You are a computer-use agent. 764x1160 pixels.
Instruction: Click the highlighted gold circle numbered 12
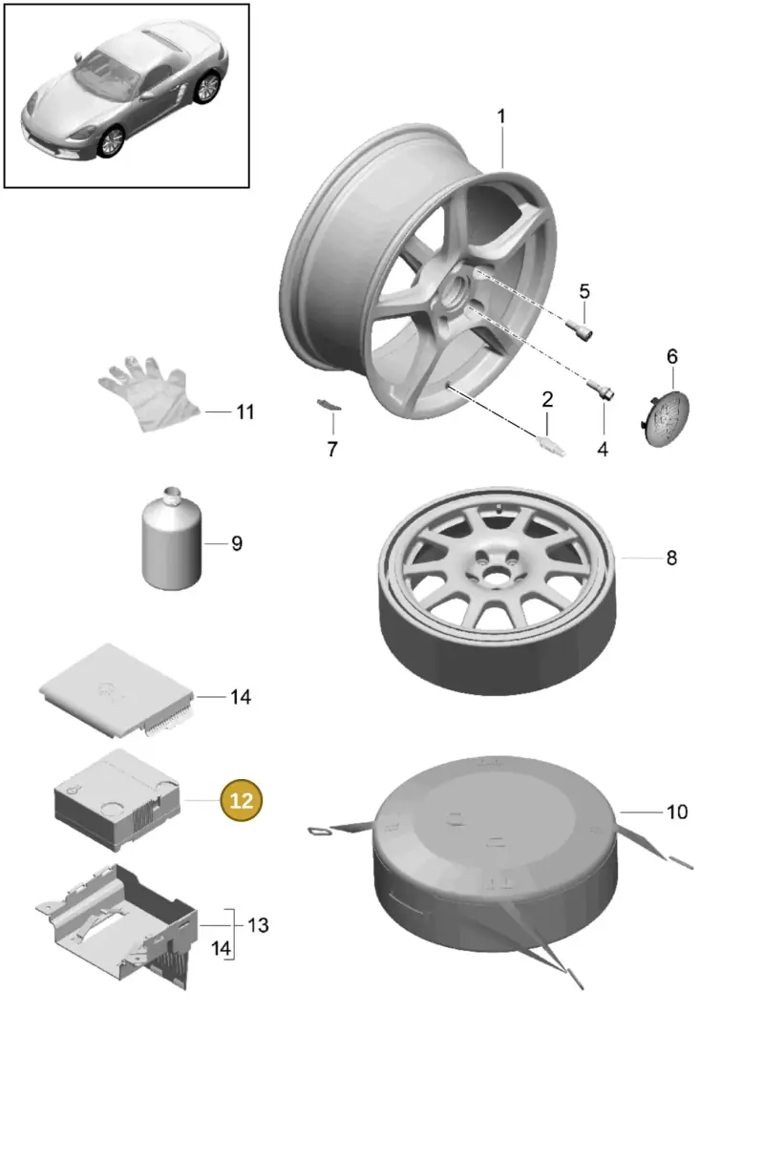point(242,800)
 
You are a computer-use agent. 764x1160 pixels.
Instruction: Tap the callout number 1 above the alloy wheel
point(500,116)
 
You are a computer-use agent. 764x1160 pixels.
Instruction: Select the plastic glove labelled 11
point(149,393)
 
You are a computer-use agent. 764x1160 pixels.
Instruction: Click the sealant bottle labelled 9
point(172,538)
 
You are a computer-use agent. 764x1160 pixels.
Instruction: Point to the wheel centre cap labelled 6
point(666,418)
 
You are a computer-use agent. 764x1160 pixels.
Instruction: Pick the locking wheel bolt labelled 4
point(601,390)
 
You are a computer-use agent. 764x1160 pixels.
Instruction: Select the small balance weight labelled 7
point(329,405)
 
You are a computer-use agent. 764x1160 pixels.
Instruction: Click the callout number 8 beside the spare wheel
point(671,558)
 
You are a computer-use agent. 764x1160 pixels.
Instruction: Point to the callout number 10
point(677,812)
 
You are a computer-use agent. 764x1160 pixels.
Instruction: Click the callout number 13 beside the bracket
point(258,925)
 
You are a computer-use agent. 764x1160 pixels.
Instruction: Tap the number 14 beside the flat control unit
point(241,697)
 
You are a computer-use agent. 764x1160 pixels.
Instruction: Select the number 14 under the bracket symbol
point(221,948)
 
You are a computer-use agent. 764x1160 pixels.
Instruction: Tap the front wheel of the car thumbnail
point(112,141)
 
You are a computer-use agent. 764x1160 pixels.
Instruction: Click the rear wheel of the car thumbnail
point(208,87)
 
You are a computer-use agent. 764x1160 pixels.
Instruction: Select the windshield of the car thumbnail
point(106,74)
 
